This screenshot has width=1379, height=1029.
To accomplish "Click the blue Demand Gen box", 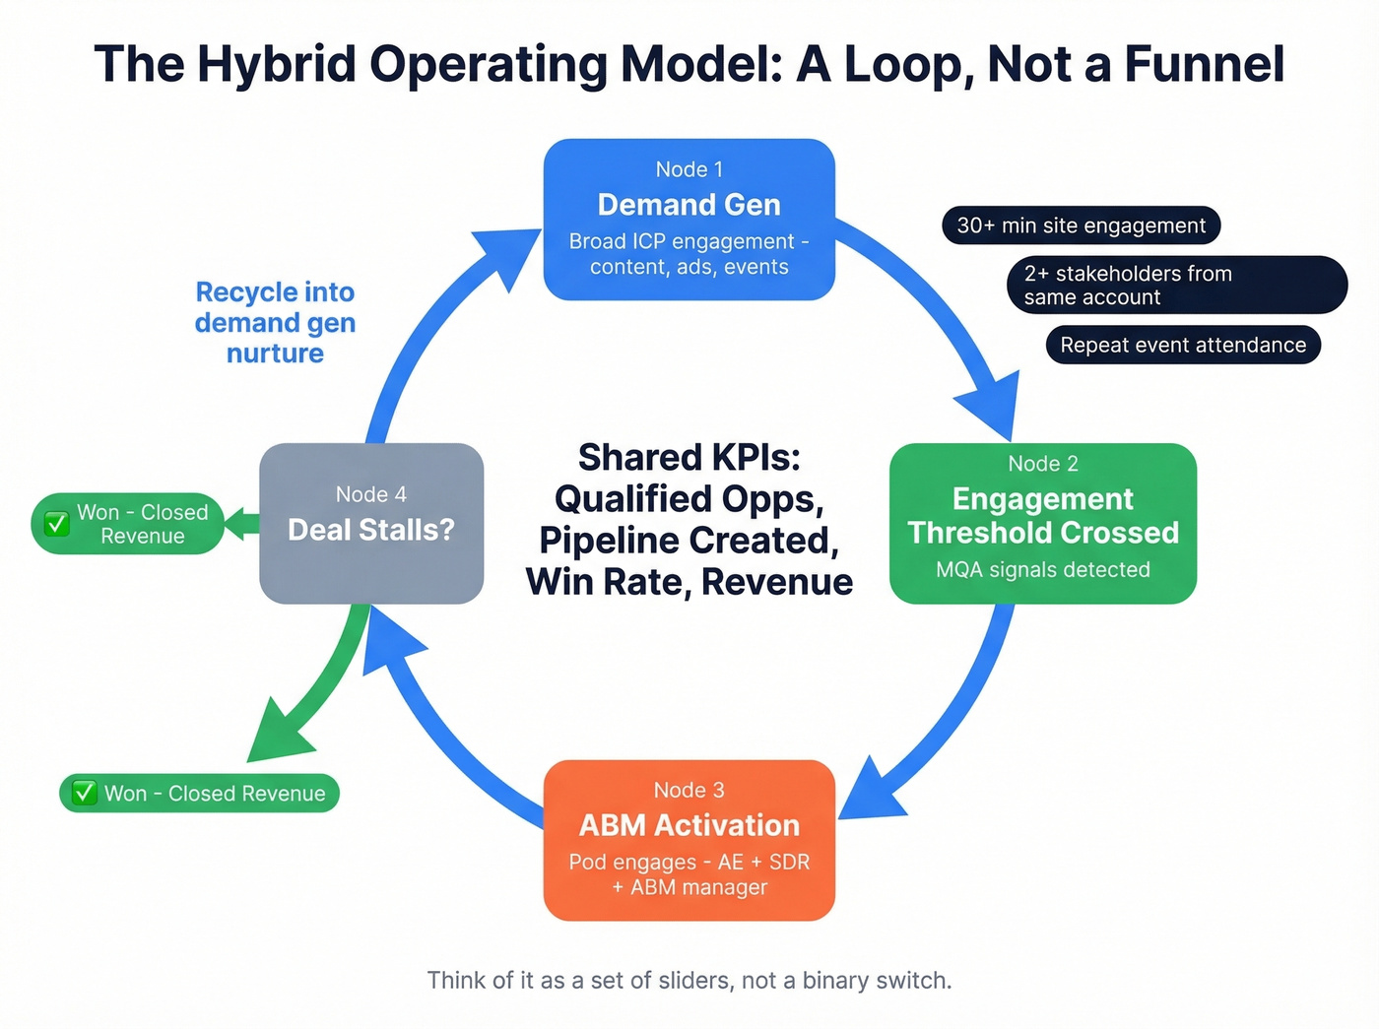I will click(x=689, y=219).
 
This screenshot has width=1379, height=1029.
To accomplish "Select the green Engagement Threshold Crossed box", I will click(x=1042, y=523).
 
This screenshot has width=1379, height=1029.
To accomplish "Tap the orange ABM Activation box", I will click(x=689, y=840).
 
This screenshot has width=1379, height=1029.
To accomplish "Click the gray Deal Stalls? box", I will click(x=370, y=523).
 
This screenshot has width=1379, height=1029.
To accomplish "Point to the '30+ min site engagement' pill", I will click(x=1081, y=225).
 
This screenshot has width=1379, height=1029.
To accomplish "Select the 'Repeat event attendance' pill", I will click(x=1182, y=345).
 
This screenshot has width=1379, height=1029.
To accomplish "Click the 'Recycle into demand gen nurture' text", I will click(x=275, y=322).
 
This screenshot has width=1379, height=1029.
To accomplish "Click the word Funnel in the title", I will click(x=1204, y=64).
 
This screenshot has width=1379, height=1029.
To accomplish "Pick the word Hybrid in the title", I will click(x=277, y=64).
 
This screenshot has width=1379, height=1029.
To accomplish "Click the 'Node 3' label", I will click(x=689, y=790).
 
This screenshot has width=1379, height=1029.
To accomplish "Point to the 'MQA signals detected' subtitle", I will click(x=1042, y=569).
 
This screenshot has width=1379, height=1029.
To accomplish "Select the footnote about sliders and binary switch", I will click(x=689, y=980).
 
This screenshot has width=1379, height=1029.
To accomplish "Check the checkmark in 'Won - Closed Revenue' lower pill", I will click(x=85, y=793).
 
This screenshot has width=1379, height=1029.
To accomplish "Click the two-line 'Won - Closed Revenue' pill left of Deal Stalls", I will click(x=128, y=524).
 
